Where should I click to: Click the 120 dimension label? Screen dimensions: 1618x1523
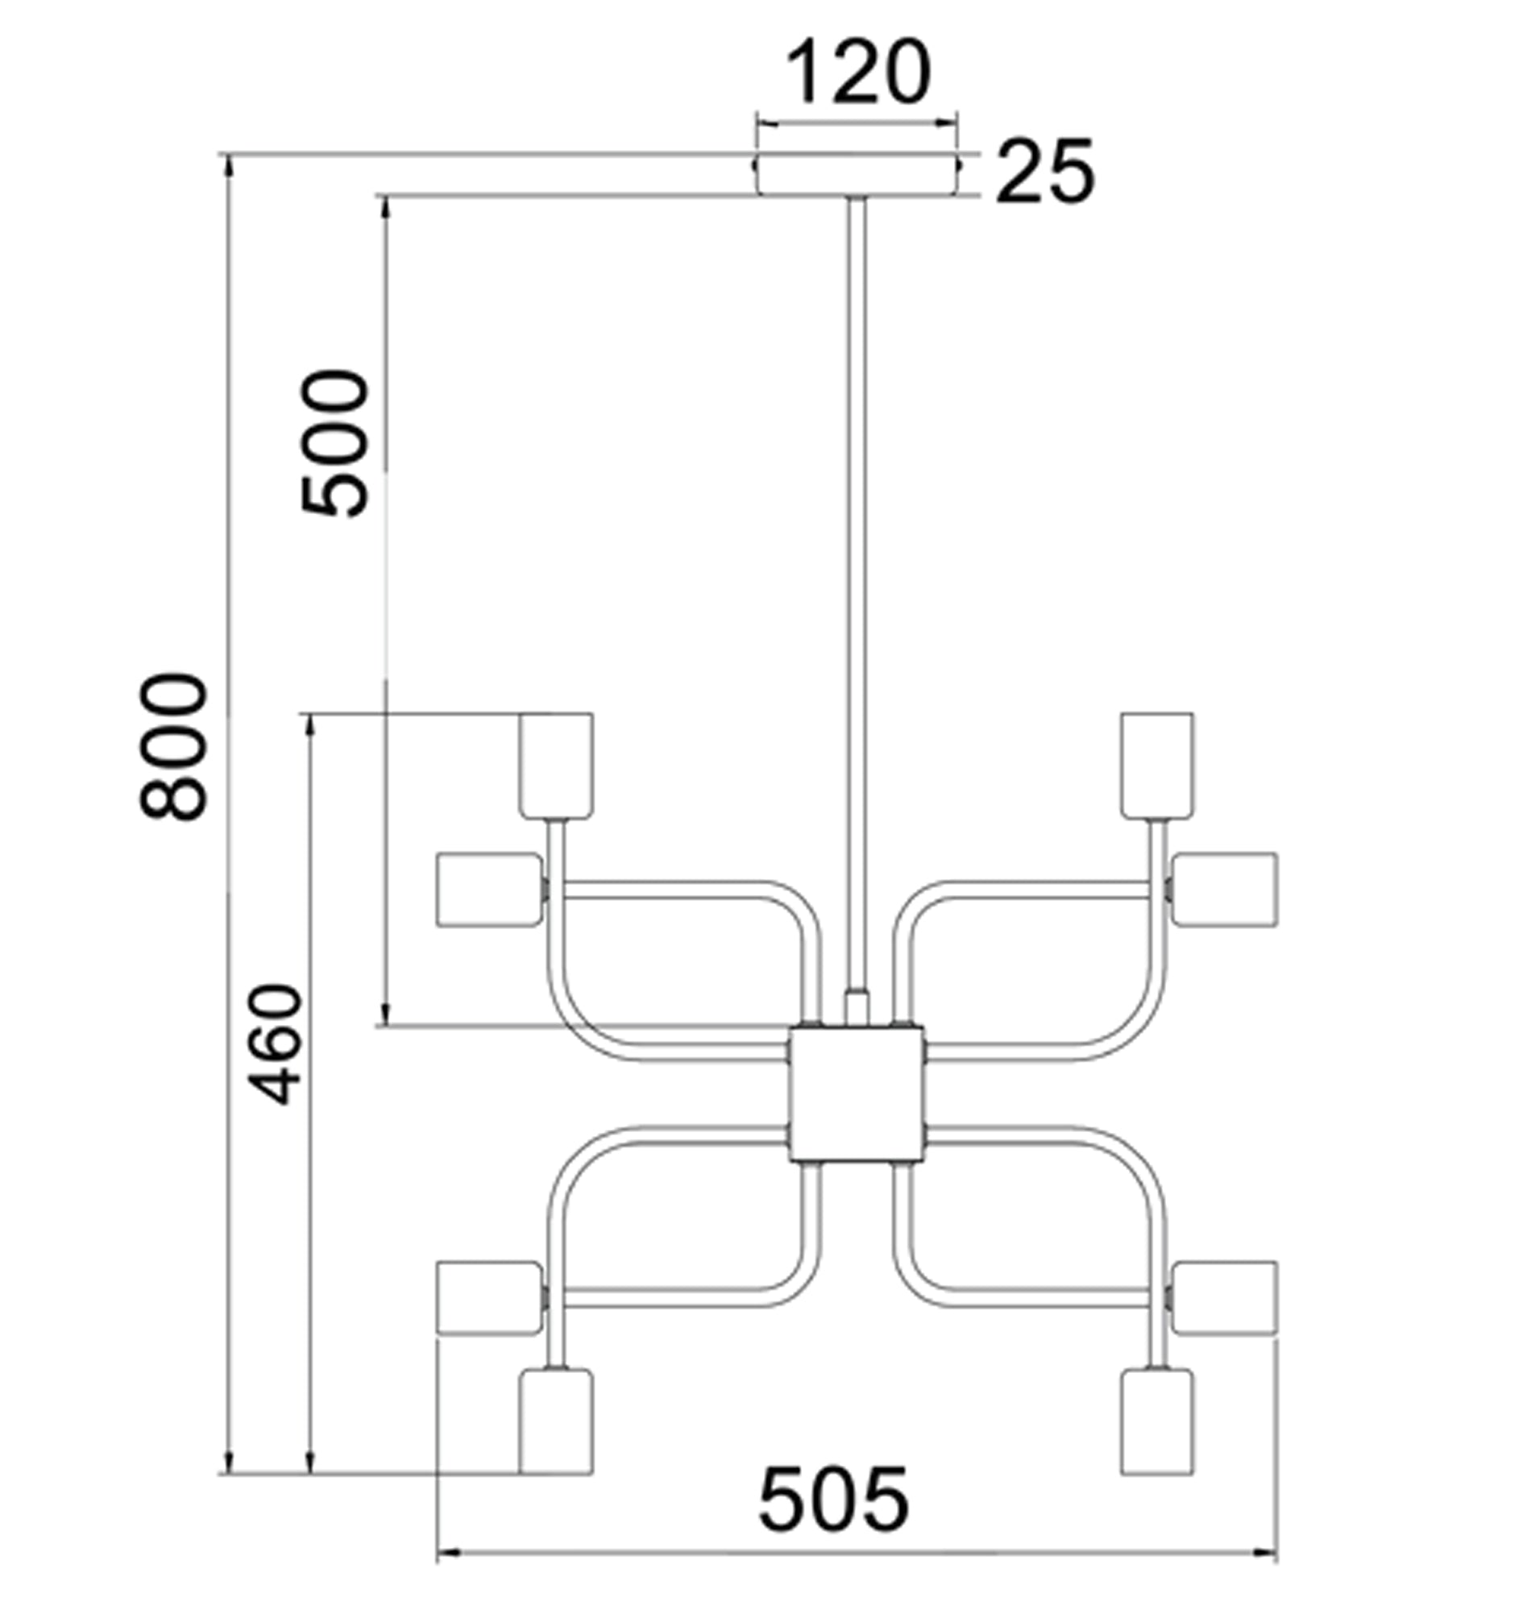(857, 73)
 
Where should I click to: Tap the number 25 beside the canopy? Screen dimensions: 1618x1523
(1045, 172)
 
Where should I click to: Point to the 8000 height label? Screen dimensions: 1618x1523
(173, 746)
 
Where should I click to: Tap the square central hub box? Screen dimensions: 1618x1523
(857, 1094)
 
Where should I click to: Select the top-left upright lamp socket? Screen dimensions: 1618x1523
(556, 765)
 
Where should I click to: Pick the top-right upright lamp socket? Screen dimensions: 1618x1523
(1156, 765)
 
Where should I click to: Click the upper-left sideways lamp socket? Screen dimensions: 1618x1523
(488, 890)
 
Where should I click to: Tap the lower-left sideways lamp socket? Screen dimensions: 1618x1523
(488, 1297)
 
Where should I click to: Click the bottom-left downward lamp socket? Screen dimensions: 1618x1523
(556, 1421)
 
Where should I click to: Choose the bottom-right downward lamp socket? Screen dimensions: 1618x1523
(1156, 1421)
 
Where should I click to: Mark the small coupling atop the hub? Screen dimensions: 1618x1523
(857, 1008)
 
